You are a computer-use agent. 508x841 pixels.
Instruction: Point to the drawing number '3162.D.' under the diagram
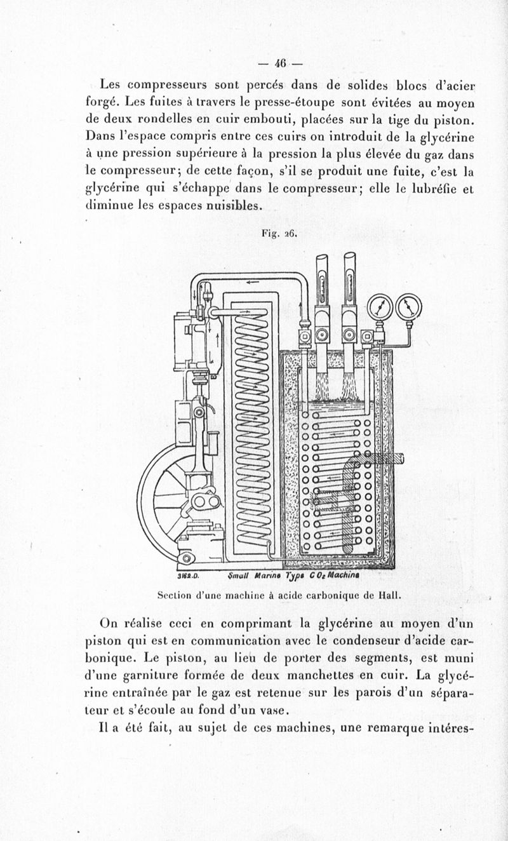184,577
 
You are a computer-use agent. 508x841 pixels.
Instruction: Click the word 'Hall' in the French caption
388,596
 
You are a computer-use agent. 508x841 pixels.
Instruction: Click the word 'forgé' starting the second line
102,102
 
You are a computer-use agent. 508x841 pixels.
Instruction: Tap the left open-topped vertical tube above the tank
322,279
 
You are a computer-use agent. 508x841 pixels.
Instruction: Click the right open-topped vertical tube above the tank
350,279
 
